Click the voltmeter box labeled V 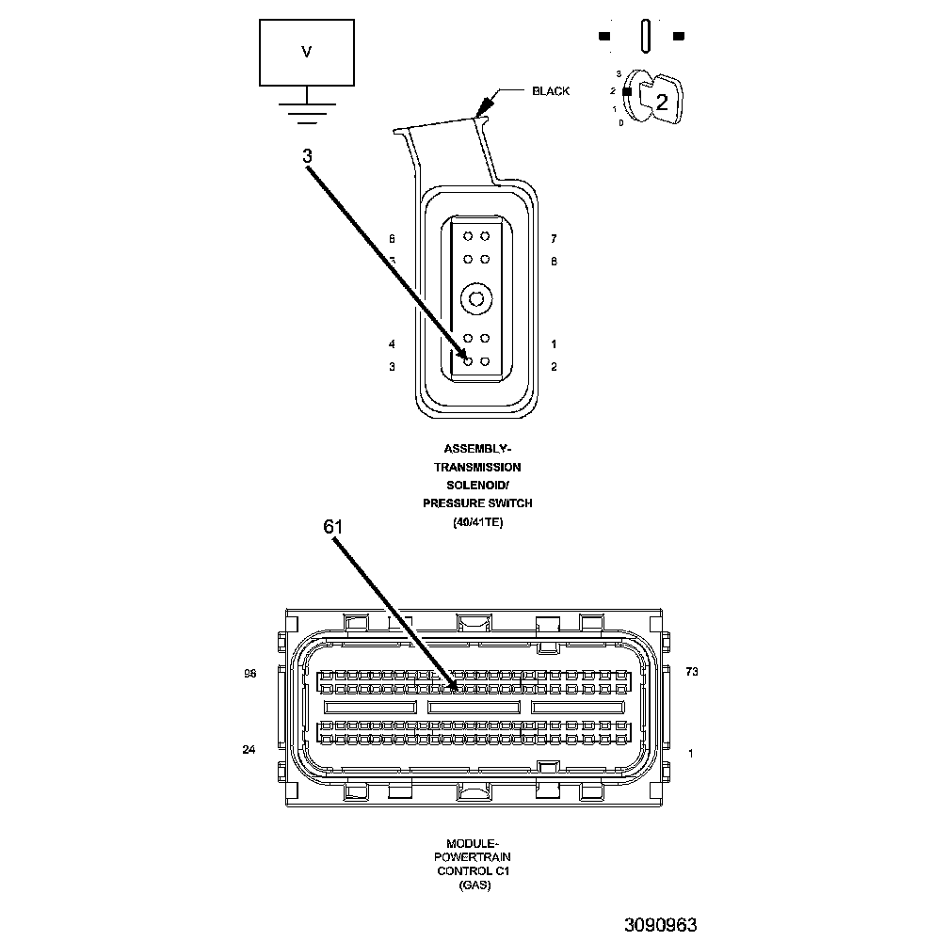click(306, 53)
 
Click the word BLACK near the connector click(551, 91)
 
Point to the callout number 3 click(308, 157)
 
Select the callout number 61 click(333, 528)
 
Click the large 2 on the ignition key click(662, 102)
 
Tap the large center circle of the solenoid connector click(476, 300)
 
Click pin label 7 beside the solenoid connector click(554, 239)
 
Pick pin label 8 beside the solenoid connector click(554, 261)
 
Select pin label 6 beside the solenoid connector click(392, 239)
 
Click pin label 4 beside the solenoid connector click(392, 344)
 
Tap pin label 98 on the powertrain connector click(249, 674)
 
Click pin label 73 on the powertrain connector click(692, 672)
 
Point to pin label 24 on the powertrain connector click(249, 750)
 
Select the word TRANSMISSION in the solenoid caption click(477, 467)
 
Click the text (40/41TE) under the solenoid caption click(477, 522)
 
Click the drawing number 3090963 click(660, 924)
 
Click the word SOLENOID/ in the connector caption click(477, 485)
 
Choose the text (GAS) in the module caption click(474, 885)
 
